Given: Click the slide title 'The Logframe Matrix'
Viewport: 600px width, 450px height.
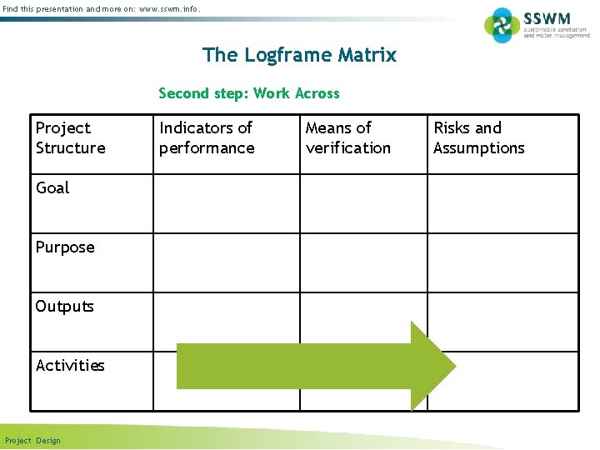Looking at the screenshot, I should coord(299,55).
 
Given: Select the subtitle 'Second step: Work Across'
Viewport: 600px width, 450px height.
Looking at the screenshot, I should coord(249,93).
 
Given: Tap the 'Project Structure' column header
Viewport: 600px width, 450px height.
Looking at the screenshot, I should coord(70,137).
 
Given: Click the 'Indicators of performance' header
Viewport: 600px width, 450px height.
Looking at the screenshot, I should coord(207,137).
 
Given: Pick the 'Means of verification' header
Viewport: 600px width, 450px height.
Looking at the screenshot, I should coord(347,137).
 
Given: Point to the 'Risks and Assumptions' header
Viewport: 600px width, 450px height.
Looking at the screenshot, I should coord(478,137).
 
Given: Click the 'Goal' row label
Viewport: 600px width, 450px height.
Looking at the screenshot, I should coord(52,188).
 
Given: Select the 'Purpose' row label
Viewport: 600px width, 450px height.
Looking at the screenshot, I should coord(65,247).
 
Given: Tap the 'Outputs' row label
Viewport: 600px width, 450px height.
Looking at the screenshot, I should coord(64,307).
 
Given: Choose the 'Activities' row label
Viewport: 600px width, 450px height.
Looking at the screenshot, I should coord(70,366).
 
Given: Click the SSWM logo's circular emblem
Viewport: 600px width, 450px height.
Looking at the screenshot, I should coord(502,25).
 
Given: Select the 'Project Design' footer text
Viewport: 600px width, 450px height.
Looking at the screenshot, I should coord(32,441).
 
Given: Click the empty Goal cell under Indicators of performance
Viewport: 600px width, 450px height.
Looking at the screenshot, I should coord(227,203).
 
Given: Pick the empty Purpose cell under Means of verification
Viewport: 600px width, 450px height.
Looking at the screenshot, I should coord(364,262).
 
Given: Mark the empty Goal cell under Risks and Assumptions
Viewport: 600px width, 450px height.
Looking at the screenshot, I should coord(502,203).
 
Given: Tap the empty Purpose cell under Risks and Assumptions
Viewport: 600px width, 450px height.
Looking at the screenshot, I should coord(502,262).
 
